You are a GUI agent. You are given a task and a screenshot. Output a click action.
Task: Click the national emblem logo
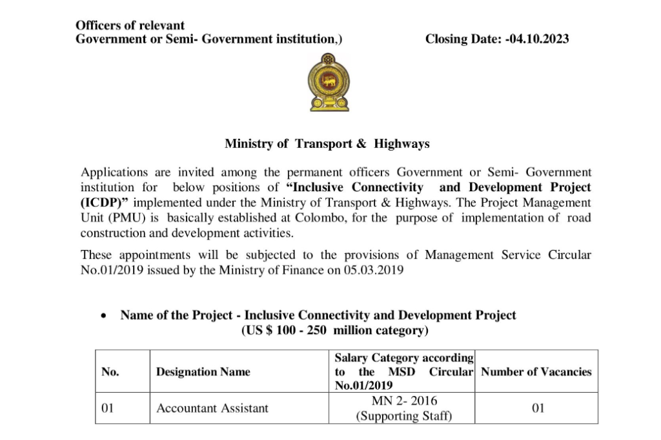click(x=329, y=83)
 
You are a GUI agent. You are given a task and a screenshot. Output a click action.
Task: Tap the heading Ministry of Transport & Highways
click(x=327, y=144)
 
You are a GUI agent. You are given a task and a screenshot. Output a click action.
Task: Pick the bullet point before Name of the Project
click(x=104, y=317)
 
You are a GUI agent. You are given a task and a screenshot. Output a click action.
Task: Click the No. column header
click(x=110, y=372)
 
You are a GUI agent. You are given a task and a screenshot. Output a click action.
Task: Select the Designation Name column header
click(x=203, y=372)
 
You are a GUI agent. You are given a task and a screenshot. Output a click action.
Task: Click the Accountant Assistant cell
click(x=212, y=408)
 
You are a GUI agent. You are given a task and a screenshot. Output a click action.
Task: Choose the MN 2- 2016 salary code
click(x=404, y=401)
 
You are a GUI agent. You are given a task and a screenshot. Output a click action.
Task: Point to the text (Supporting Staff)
click(x=404, y=416)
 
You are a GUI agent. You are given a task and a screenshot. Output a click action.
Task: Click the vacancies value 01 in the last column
click(x=538, y=408)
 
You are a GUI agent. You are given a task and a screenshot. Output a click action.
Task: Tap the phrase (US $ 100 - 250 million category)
click(x=334, y=331)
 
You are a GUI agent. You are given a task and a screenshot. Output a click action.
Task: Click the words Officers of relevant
click(x=130, y=26)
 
